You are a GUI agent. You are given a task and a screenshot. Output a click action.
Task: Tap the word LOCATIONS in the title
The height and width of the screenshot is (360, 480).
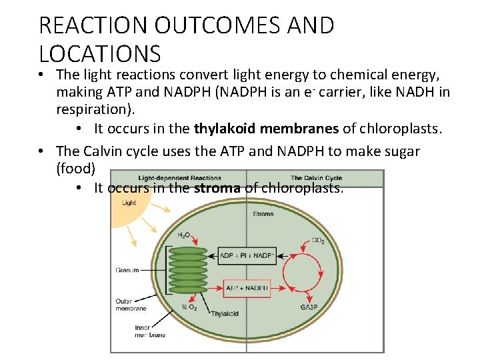pos(100,53)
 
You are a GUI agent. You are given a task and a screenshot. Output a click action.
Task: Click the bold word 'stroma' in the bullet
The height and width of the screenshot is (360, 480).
pos(217,188)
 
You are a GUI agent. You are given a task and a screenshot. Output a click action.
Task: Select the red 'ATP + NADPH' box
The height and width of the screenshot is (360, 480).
pos(247,288)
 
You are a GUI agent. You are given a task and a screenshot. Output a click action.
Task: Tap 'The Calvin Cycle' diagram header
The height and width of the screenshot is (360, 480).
pos(316,178)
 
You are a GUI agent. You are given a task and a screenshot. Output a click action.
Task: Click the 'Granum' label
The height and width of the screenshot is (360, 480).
pos(127,270)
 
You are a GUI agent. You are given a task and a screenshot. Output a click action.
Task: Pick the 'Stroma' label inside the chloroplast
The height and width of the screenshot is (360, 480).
pos(263,214)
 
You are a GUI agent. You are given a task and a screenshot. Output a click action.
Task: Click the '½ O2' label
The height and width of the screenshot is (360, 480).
pos(190,307)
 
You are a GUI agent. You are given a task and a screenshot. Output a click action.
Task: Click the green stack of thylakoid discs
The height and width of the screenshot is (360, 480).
pos(189,271)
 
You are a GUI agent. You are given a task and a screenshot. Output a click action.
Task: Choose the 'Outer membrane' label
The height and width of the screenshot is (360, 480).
pos(129,304)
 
